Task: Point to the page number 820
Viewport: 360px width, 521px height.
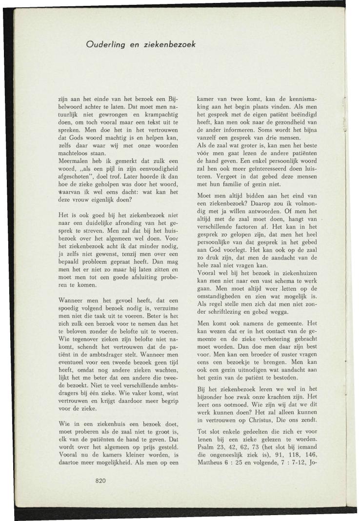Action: [101, 481]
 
